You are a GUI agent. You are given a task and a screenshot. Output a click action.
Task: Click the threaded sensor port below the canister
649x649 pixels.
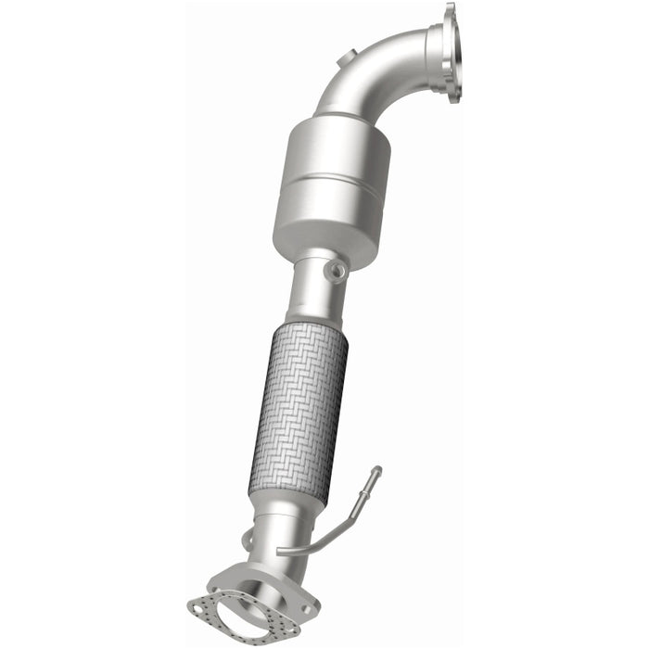point(335,270)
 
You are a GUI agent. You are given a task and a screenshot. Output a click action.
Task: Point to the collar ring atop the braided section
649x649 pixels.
point(310,329)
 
